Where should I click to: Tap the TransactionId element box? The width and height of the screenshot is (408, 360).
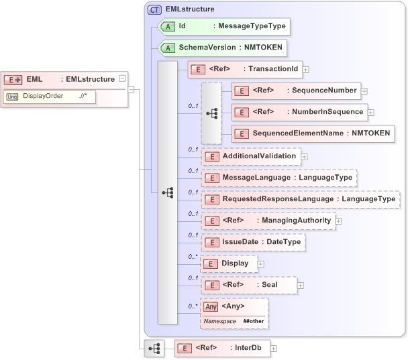[x=245, y=68]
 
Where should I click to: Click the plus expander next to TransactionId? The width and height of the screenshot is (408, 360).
[x=305, y=69]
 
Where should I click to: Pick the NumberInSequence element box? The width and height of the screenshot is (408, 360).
[x=299, y=112]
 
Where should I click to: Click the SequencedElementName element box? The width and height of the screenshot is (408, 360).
[x=312, y=133]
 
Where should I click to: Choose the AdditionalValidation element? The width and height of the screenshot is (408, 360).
[x=250, y=156]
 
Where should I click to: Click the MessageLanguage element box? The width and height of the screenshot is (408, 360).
[x=278, y=178]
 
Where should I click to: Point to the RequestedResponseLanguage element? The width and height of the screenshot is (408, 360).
[x=300, y=199]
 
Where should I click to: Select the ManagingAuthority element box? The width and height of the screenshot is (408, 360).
[x=268, y=221]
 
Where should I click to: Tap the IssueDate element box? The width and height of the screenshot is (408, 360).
[x=253, y=242]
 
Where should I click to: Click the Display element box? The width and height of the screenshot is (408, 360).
[x=227, y=263]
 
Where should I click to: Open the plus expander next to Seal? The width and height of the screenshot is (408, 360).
[x=300, y=286]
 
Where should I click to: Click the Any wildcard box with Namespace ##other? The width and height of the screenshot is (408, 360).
[x=234, y=313]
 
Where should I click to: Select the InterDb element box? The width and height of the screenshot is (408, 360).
[x=221, y=349]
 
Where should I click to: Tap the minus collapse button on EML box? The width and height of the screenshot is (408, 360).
[x=121, y=78]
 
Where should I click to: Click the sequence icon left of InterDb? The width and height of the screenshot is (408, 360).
[x=154, y=349]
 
